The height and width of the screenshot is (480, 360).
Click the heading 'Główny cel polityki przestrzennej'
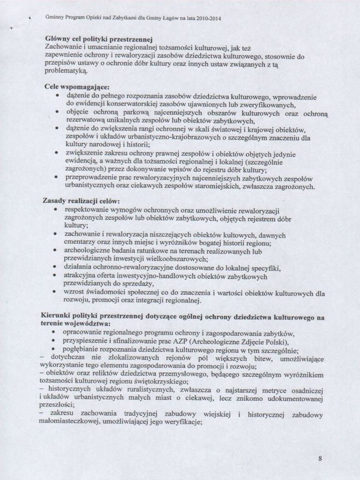pyautogui.click(x=99, y=39)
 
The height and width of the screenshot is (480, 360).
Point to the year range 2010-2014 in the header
pyautogui.click(x=205, y=19)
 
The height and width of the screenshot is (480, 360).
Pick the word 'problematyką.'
pyautogui.click(x=66, y=73)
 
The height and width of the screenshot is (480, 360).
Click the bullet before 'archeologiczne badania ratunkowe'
pyautogui.click(x=56, y=251)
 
